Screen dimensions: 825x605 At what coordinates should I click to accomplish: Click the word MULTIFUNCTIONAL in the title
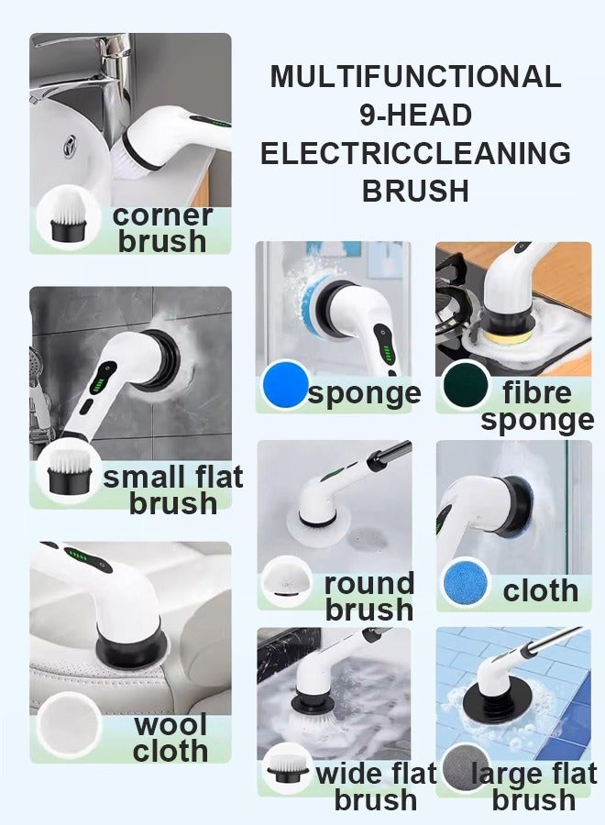pos(415,76)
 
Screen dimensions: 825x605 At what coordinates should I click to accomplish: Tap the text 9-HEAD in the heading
pos(415,115)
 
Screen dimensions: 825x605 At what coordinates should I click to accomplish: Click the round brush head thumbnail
pos(286,580)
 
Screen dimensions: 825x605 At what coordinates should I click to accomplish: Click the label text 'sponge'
pos(365,394)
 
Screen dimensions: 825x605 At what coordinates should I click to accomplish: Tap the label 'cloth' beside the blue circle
pos(540,590)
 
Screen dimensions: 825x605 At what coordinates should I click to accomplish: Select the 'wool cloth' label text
pos(170,738)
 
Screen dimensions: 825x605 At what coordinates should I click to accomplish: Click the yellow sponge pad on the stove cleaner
pos(502,340)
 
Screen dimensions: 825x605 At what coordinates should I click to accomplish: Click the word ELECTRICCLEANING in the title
pos(415,153)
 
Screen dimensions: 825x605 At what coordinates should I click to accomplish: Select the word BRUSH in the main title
pos(415,191)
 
